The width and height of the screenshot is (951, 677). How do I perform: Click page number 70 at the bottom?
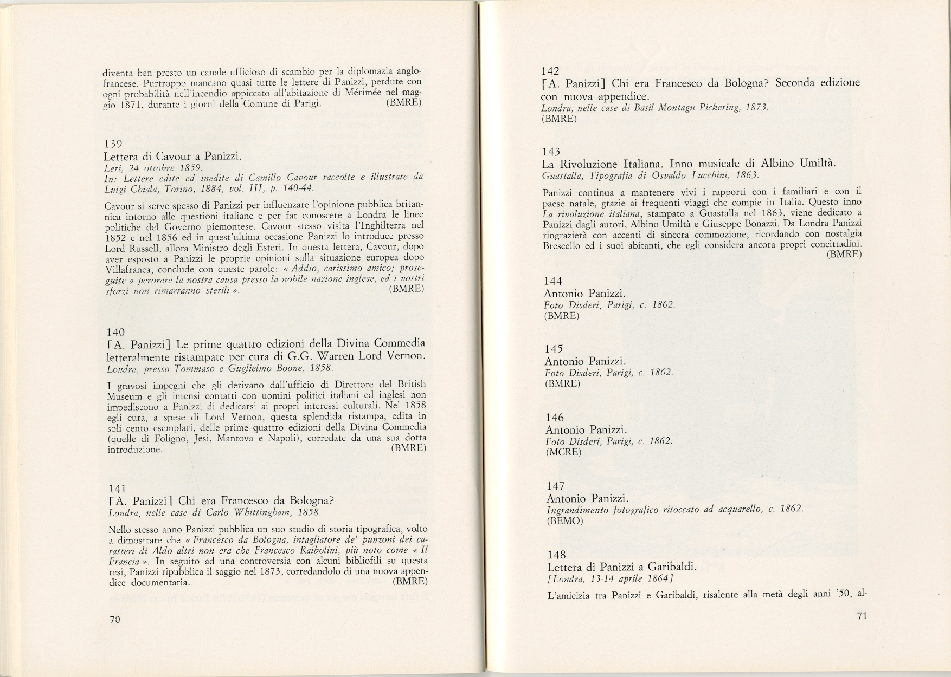pos(114,620)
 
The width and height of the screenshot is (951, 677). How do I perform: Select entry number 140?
pos(116,332)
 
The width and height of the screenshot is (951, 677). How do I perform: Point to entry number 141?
pos(117,487)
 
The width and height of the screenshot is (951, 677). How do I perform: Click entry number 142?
pos(550,70)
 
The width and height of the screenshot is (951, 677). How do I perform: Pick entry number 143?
pos(551,152)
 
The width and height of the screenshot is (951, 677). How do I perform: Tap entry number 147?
pos(556,486)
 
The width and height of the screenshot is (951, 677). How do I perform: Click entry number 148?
pos(556,555)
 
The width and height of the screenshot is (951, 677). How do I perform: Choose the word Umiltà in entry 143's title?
pos(817,164)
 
